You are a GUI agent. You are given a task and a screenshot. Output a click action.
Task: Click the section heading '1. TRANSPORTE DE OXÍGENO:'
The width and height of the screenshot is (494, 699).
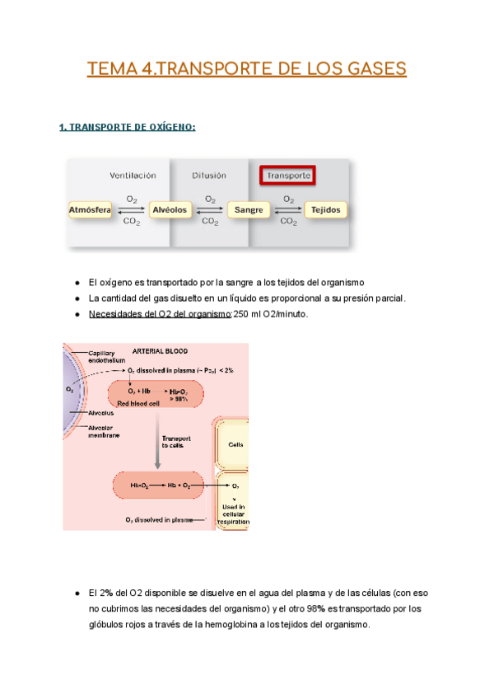(128, 127)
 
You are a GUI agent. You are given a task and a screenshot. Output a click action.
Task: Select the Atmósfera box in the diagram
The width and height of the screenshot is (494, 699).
(90, 210)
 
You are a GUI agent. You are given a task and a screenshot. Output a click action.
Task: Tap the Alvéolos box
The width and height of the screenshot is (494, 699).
(170, 210)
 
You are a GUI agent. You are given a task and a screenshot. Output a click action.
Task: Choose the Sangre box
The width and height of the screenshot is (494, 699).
(249, 210)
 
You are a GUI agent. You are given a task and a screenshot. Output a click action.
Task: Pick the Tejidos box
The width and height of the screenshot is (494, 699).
(326, 210)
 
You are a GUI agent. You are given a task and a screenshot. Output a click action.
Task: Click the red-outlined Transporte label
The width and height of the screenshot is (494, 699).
(289, 176)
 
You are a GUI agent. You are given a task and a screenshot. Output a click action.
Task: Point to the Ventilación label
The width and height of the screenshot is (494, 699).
(133, 176)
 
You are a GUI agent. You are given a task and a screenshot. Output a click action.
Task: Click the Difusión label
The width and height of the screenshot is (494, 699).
(210, 176)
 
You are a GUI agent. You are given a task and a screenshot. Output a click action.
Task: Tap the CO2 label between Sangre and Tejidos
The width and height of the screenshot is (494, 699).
(288, 221)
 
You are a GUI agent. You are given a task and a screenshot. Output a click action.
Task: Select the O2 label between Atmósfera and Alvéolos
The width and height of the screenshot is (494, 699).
(132, 199)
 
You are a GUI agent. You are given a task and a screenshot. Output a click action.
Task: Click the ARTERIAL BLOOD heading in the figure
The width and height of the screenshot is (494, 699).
(155, 349)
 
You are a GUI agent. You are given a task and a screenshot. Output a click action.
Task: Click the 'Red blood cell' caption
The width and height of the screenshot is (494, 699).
(140, 405)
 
